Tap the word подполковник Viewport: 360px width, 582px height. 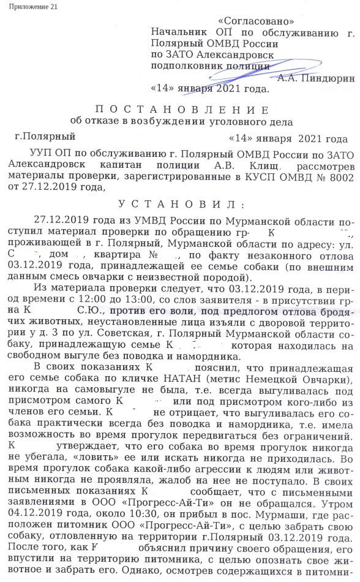point(186,64)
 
